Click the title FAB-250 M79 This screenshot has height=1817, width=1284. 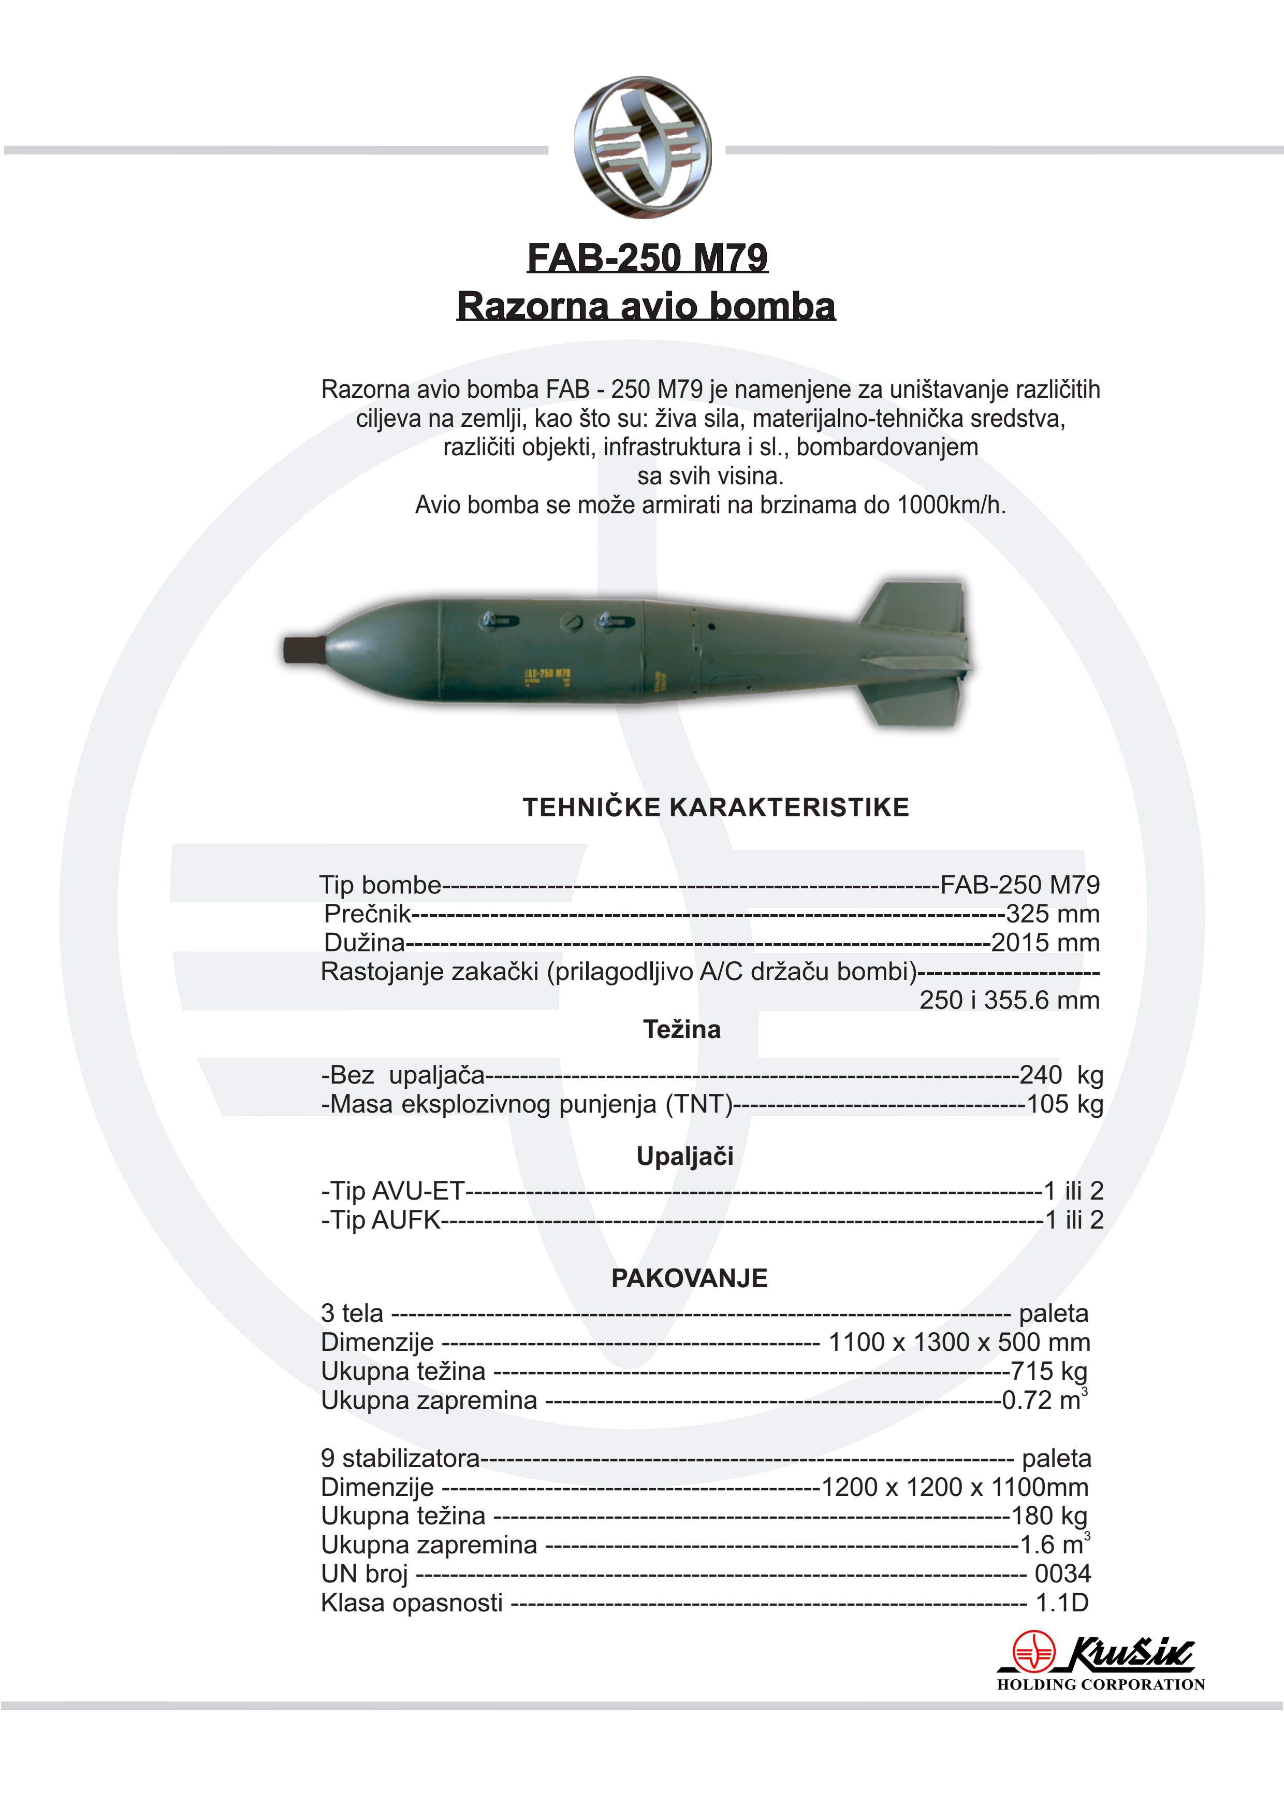pos(647,258)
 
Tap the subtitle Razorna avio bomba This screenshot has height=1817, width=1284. pos(646,306)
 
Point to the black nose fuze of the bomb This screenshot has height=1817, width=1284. pos(304,649)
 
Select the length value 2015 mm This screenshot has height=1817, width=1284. pos(1045,943)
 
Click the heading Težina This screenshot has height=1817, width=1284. pos(681,1030)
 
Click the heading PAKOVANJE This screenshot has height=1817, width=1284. pos(689,1278)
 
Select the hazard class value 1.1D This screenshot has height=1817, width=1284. pos(1062,1603)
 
